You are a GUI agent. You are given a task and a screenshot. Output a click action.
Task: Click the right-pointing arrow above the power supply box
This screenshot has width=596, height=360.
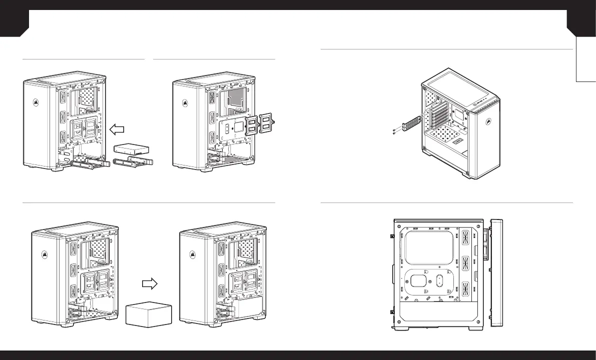pos(150,283)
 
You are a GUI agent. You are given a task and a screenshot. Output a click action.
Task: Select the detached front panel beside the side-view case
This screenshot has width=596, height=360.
pos(496,272)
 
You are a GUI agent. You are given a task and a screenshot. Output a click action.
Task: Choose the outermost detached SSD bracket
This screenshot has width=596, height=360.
pos(266,122)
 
